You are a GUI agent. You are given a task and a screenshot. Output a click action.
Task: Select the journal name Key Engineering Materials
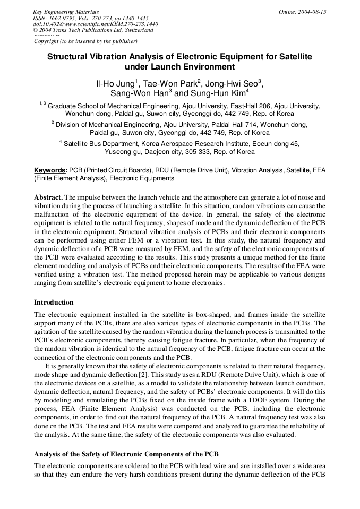point(65,11)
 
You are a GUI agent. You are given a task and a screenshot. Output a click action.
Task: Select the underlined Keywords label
point(50,170)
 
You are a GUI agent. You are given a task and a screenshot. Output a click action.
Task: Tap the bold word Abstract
point(48,196)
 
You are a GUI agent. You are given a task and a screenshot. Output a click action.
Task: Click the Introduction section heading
point(54,303)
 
